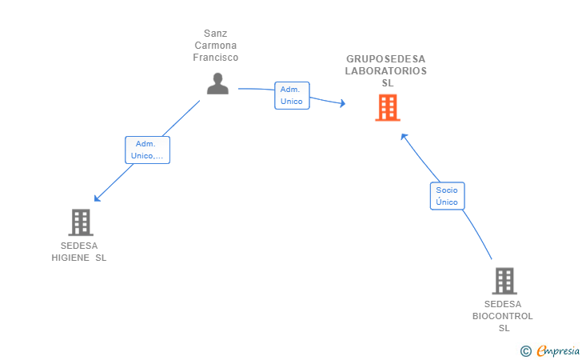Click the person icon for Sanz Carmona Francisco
tap(217, 83)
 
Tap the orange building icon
tap(388, 108)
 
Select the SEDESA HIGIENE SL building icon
tap(81, 222)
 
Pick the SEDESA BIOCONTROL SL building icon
tap(504, 281)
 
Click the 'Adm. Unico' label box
tap(292, 95)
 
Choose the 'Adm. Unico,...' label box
tap(147, 150)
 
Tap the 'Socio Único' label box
tap(447, 196)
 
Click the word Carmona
tap(216, 46)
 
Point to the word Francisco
tap(216, 58)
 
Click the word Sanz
tap(216, 34)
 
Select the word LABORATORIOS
tap(386, 71)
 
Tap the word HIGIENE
tap(70, 258)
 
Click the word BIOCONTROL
tap(503, 316)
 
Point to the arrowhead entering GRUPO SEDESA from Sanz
tap(343, 103)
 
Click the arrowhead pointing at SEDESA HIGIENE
tap(98, 198)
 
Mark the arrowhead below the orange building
tap(404, 136)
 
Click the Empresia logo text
tap(558, 350)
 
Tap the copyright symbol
tap(526, 351)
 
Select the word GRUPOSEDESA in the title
tap(385, 59)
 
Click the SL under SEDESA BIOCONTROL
tap(504, 329)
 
